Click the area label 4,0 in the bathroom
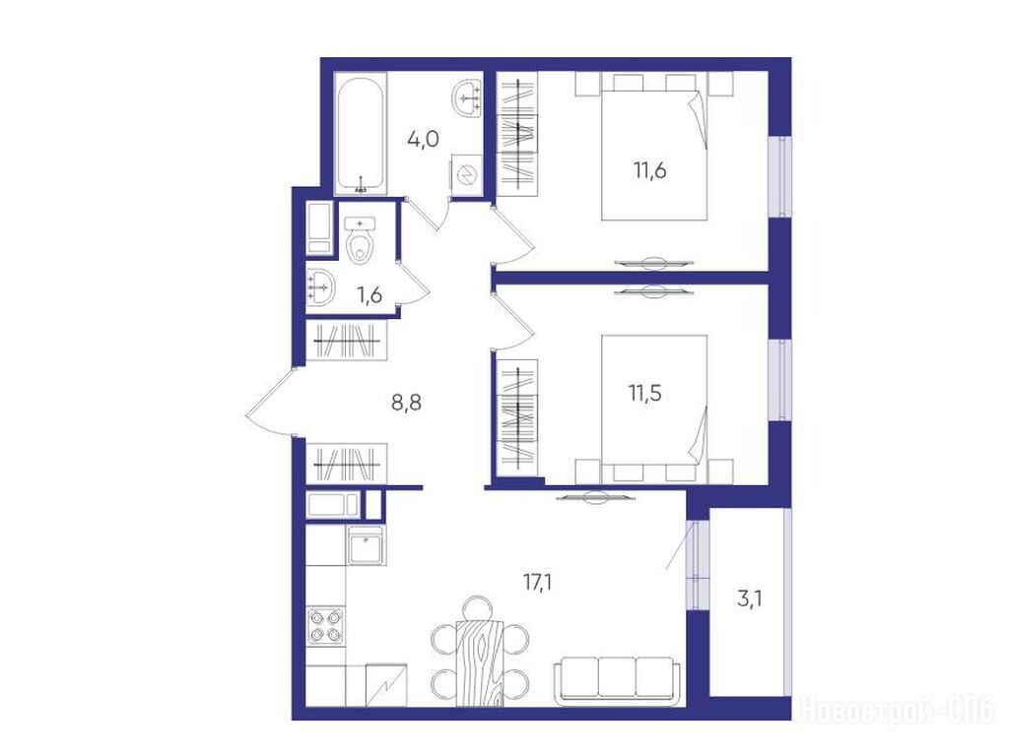click(423, 138)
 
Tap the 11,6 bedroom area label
click(649, 171)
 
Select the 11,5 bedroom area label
click(644, 392)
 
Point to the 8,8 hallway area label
click(407, 404)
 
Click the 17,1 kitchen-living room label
click(537, 583)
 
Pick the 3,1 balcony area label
click(750, 600)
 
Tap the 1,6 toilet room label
click(370, 295)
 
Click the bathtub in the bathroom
click(361, 135)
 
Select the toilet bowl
click(361, 240)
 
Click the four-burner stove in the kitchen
click(325, 626)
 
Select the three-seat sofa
click(617, 678)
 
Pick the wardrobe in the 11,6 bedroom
click(518, 134)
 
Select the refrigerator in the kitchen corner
click(386, 685)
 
